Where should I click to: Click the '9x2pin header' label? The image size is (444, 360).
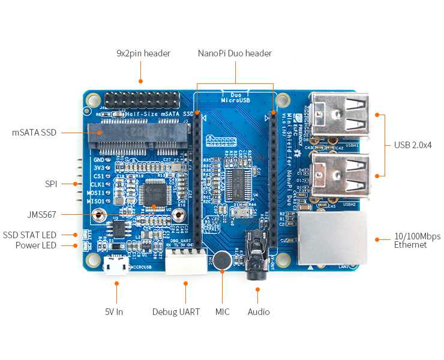click(x=143, y=53)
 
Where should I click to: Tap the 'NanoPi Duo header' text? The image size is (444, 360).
click(x=235, y=53)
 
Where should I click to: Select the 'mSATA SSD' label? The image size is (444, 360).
click(x=34, y=132)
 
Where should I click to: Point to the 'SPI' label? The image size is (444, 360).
click(x=50, y=184)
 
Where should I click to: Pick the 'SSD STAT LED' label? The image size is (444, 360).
click(x=29, y=235)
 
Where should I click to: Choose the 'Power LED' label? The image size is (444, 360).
click(x=36, y=245)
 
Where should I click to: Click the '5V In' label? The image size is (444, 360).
click(x=114, y=311)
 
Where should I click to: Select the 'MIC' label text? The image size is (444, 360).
click(x=222, y=311)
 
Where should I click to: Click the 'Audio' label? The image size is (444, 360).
click(x=259, y=311)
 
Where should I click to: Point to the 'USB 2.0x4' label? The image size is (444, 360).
click(x=413, y=145)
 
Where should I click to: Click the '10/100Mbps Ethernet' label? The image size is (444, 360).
click(x=410, y=241)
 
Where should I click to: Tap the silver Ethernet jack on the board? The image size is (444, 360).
click(x=332, y=238)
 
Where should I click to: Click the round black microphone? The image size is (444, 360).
click(x=223, y=260)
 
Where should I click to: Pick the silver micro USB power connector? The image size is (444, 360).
click(x=115, y=265)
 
